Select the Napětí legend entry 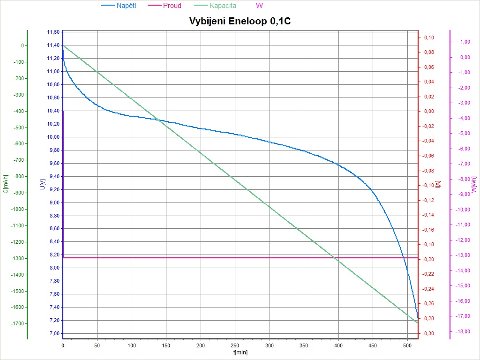[x=126, y=6]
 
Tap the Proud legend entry [x=172, y=6]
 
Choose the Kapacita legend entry [x=223, y=6]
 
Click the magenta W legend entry [x=259, y=6]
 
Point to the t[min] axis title [x=240, y=352]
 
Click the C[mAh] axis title [x=6, y=184]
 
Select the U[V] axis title [x=43, y=184]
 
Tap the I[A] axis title [x=438, y=184]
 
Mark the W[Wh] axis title [x=474, y=184]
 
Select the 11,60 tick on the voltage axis [x=53, y=32]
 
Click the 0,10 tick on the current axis [x=428, y=37]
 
